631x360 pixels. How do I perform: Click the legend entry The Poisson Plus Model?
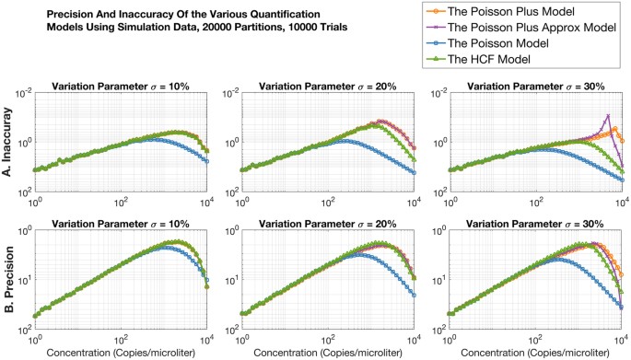536,13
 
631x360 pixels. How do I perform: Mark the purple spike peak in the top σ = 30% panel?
608,115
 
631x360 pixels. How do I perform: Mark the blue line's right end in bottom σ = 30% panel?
623,307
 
